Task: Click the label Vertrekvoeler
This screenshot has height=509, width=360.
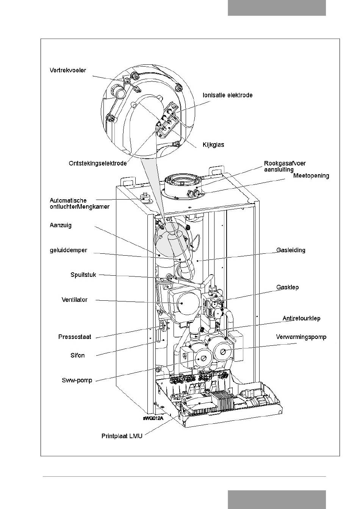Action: click(x=68, y=70)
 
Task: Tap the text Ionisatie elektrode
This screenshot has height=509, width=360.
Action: click(x=228, y=95)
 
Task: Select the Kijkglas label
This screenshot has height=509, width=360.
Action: click(x=213, y=145)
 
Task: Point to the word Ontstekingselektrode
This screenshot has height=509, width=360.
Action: click(x=98, y=163)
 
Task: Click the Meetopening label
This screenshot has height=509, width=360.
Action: click(x=311, y=176)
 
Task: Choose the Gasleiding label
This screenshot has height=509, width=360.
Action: click(x=291, y=250)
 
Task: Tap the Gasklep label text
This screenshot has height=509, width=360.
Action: click(x=288, y=287)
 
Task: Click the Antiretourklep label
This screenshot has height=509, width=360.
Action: click(x=301, y=319)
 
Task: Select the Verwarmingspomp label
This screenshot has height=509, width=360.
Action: click(x=301, y=337)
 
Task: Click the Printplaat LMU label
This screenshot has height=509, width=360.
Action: click(x=122, y=436)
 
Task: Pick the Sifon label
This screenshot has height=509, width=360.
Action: click(x=77, y=355)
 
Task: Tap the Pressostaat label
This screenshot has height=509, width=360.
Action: click(x=75, y=337)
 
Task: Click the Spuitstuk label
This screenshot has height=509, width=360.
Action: click(x=83, y=275)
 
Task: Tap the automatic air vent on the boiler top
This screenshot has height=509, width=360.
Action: click(x=144, y=197)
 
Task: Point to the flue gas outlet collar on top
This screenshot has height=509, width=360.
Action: click(x=183, y=185)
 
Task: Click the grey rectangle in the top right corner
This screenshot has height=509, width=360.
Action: click(x=277, y=8)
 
